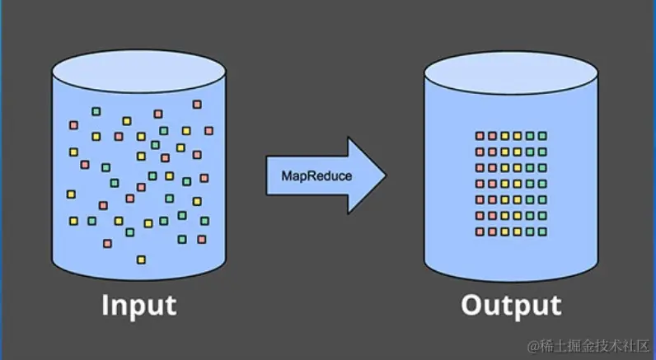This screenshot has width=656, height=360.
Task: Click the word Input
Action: coord(138,306)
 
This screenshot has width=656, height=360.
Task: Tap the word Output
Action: coord(510,306)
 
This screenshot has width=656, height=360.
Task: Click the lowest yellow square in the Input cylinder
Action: coord(141,259)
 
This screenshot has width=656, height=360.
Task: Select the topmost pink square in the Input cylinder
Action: coord(197,104)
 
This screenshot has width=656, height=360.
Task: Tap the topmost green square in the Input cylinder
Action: coord(96,111)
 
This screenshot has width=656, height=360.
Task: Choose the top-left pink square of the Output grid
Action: coord(480,136)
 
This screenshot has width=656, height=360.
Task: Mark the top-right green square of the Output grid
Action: coord(542,136)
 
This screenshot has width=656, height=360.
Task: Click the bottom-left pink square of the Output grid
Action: coord(480,231)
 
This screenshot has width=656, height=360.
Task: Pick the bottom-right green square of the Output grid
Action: coord(542,231)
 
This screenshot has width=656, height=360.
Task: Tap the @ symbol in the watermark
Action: coord(533,344)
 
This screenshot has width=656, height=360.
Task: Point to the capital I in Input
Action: coord(105,306)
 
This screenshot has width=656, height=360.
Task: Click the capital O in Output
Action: coord(472,306)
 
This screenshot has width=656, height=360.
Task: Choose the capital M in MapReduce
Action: coord(287,175)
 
